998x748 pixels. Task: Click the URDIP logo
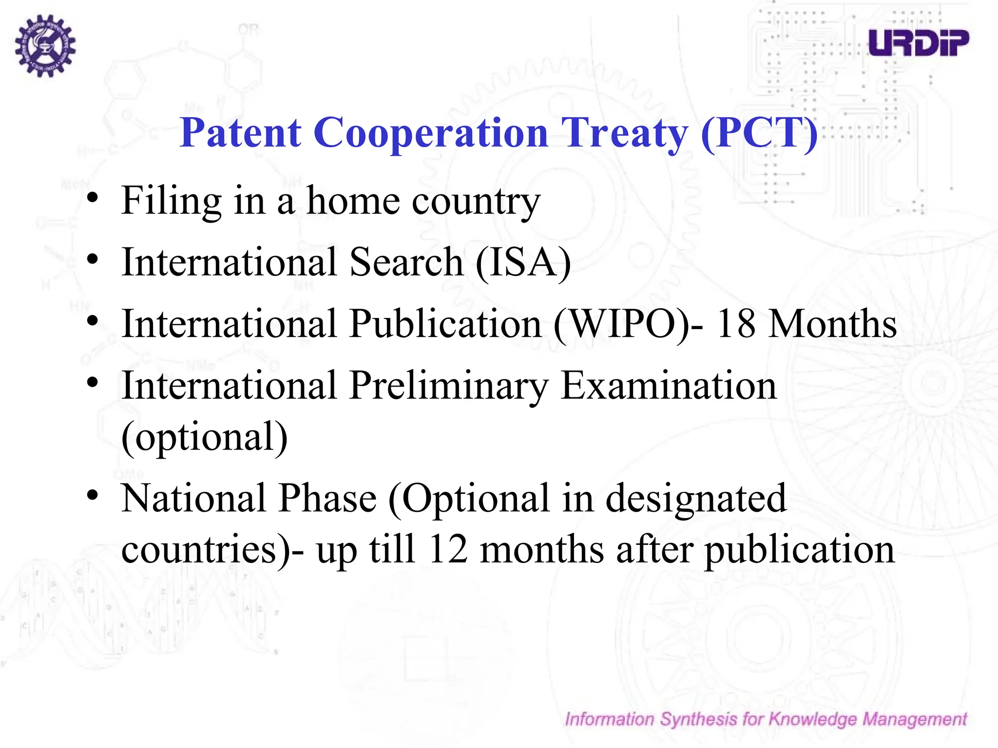(x=919, y=42)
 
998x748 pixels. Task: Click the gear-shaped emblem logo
(x=45, y=46)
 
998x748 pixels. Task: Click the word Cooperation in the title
(x=431, y=132)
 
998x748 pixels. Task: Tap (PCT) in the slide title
(x=759, y=132)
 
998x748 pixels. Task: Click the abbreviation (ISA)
(x=523, y=262)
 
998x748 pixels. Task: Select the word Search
(x=406, y=262)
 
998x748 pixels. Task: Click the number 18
(x=736, y=324)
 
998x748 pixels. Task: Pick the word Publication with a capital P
(x=445, y=324)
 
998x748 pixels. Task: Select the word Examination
(x=668, y=386)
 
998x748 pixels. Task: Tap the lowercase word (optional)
(x=205, y=437)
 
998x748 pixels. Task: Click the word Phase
(x=327, y=499)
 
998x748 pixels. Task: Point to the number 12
(x=448, y=549)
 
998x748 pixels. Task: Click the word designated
(x=696, y=499)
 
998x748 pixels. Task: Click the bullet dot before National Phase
(x=93, y=496)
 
